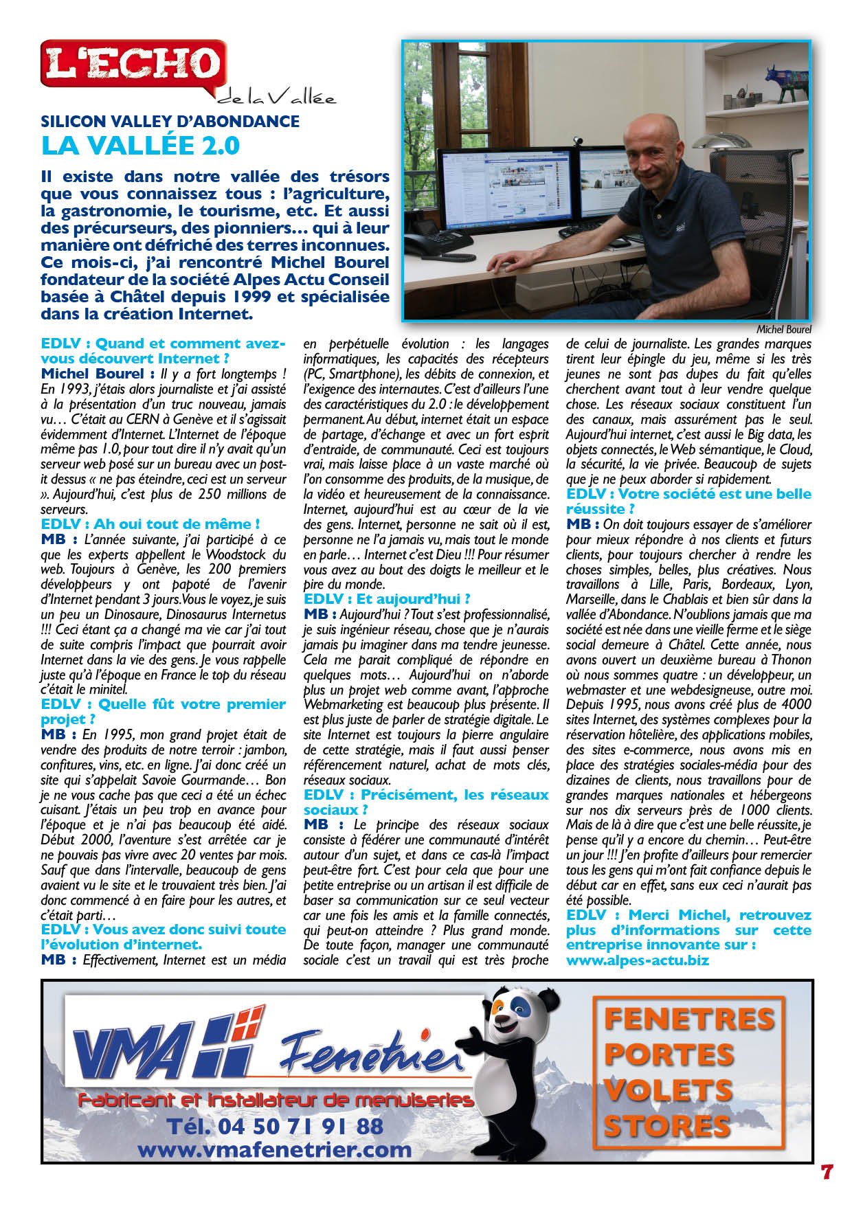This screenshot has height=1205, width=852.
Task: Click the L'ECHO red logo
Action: (x=133, y=65)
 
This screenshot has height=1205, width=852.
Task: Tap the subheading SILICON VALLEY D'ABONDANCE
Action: (x=170, y=122)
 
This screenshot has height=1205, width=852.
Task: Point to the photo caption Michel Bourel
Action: (x=783, y=330)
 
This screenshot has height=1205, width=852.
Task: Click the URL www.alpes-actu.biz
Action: (x=637, y=960)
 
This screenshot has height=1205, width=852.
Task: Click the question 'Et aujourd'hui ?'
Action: (x=387, y=599)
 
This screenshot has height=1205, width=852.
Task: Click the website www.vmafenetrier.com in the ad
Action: (x=275, y=1149)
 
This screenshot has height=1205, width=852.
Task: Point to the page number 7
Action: (x=827, y=1171)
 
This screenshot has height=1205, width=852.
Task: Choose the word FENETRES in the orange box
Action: (x=689, y=1019)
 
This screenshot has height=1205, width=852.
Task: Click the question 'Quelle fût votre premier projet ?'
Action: (x=163, y=711)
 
